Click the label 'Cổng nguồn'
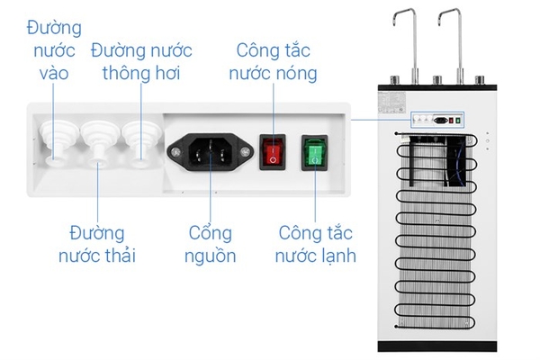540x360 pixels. coord(211,245)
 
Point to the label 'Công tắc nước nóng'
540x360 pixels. coord(276,60)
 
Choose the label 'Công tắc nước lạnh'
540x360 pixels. coord(317,245)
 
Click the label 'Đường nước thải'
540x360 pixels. coord(96,245)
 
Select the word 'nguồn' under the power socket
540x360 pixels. coord(211,256)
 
